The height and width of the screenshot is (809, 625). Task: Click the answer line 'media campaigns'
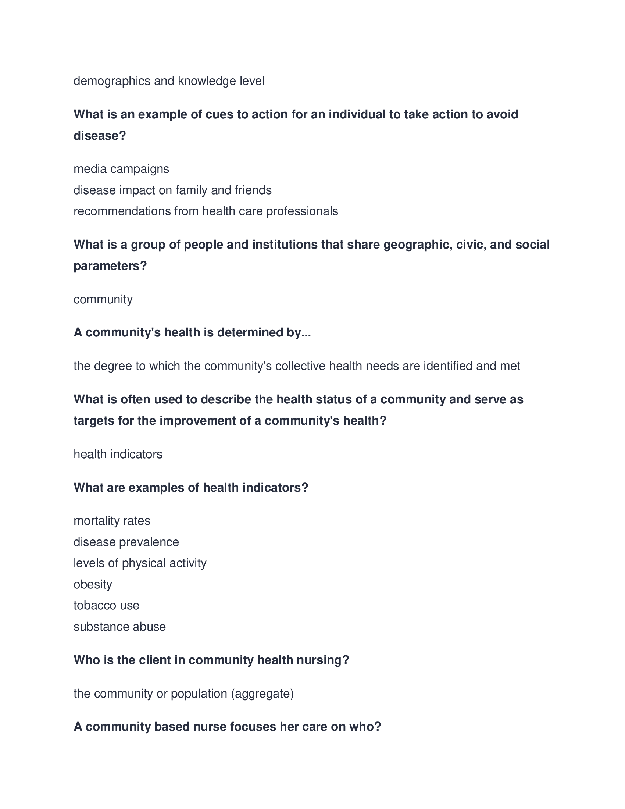click(121, 169)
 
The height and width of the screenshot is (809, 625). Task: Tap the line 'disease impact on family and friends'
click(172, 190)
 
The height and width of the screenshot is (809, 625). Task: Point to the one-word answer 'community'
click(103, 299)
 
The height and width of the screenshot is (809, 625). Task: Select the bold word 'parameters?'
click(110, 266)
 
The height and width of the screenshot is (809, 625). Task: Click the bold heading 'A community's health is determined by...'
click(192, 332)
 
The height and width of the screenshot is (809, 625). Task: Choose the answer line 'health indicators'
click(118, 454)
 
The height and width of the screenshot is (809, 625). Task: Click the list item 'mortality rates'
click(112, 521)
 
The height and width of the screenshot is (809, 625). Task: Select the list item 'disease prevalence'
click(126, 542)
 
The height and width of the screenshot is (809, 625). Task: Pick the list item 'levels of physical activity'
click(140, 563)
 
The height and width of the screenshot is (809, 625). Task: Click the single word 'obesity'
click(93, 585)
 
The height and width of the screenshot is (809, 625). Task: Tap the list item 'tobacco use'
click(106, 605)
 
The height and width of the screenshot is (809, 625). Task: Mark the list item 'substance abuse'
click(119, 627)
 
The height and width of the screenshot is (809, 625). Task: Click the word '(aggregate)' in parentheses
click(262, 694)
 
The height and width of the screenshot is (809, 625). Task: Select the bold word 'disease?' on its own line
click(100, 136)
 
